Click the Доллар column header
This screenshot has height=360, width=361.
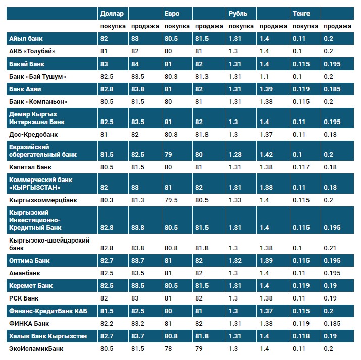[111, 14]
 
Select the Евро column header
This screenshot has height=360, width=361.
[172, 14]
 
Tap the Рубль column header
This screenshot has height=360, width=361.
[238, 14]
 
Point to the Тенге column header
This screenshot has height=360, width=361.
[301, 14]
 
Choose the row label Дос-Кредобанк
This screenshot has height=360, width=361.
[33, 135]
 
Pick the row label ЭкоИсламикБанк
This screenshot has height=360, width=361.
[37, 348]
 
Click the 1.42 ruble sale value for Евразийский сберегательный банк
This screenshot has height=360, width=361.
[266, 154]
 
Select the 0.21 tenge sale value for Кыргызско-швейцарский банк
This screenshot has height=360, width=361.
[329, 248]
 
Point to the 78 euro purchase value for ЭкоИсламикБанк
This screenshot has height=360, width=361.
[168, 348]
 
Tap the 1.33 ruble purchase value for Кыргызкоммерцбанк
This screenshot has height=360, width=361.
[235, 200]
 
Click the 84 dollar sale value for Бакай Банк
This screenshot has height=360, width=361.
[135, 64]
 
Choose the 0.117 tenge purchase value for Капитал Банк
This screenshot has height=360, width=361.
[301, 167]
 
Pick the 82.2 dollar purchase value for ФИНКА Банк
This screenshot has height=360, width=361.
[107, 323]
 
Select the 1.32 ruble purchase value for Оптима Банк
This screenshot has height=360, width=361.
[235, 261]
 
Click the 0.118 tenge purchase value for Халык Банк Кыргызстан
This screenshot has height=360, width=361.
[301, 336]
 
